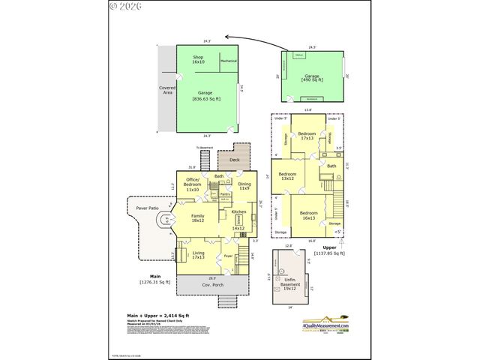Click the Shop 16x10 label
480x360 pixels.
tap(198, 59)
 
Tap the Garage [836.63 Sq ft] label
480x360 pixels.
tap(200, 96)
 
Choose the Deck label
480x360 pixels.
tap(234, 160)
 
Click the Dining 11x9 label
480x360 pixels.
tap(244, 185)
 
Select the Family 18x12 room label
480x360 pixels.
tap(198, 217)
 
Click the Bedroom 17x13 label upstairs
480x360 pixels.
tap(307, 136)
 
